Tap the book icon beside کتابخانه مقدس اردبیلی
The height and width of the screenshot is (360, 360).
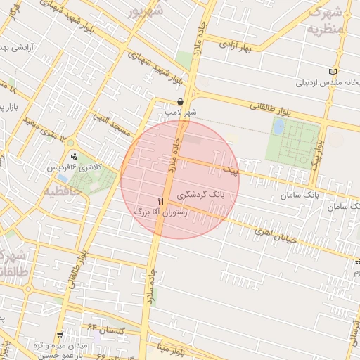[x=333, y=72]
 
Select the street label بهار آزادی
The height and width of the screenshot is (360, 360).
[x=236, y=46]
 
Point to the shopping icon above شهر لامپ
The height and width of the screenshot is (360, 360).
[x=181, y=101]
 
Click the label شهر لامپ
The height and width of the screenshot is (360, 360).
[x=181, y=112]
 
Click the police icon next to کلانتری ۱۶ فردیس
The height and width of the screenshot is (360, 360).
[x=75, y=156]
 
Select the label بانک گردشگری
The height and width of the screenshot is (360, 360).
[x=200, y=194]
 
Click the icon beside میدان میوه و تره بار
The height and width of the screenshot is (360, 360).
[x=60, y=335]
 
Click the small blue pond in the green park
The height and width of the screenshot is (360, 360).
[x=279, y=127]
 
